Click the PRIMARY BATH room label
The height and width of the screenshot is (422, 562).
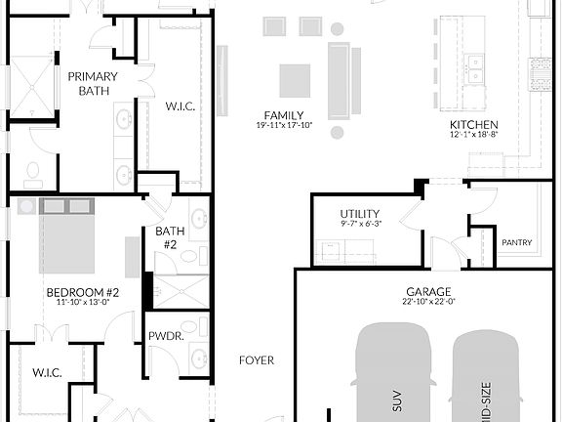pyautogui.click(x=93, y=83)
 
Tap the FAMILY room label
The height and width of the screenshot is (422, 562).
pyautogui.click(x=277, y=115)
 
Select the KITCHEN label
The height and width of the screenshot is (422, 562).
pyautogui.click(x=474, y=125)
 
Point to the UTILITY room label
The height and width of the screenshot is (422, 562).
pyautogui.click(x=360, y=214)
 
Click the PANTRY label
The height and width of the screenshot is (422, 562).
pyautogui.click(x=516, y=241)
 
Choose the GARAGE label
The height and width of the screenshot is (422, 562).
pyautogui.click(x=428, y=291)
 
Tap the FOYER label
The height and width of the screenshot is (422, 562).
pyautogui.click(x=257, y=359)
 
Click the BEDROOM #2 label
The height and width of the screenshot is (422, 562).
pyautogui.click(x=83, y=292)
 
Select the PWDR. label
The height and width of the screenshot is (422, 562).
pyautogui.click(x=162, y=336)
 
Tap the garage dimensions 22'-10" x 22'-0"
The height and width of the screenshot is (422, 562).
pyautogui.click(x=428, y=302)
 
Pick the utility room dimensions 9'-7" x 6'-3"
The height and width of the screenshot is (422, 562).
pyautogui.click(x=360, y=225)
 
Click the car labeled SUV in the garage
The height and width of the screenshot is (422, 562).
pyautogui.click(x=394, y=376)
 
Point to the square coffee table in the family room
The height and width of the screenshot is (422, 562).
pyautogui.click(x=295, y=80)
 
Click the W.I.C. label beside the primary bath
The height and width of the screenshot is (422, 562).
pyautogui.click(x=181, y=105)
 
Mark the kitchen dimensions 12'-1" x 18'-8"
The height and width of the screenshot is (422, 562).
pyautogui.click(x=474, y=136)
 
